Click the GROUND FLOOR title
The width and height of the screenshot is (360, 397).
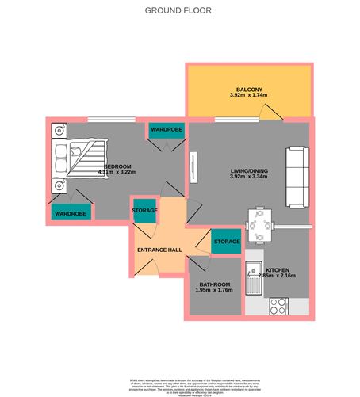pos(179,11)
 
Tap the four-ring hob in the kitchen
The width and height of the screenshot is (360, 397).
pos(279,305)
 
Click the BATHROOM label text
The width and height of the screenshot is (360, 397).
pos(213,284)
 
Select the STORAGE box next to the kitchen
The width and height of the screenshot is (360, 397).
pos(226,242)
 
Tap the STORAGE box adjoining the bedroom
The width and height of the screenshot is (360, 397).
pos(145,210)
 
